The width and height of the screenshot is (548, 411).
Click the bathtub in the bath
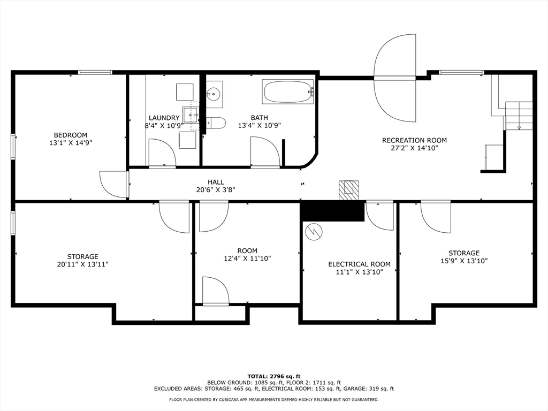pos(287,92)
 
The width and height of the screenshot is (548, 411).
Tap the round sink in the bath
pos(214,94)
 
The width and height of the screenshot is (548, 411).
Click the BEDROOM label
pos(70,135)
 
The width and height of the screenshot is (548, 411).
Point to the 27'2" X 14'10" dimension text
pos(414,148)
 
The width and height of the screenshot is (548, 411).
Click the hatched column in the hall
pos(348,188)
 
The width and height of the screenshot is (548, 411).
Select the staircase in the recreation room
pos(519,115)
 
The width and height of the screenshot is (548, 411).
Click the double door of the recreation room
pos(395,78)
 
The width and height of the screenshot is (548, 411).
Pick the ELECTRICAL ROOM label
pos(359,264)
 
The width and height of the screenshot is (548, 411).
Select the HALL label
pos(216,182)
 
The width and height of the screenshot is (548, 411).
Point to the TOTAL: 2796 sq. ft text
pos(273,376)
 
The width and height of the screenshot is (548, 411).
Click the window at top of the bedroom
pos(95,72)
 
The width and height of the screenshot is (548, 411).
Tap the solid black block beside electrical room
pos(332,211)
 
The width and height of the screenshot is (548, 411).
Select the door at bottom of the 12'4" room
pos(216,292)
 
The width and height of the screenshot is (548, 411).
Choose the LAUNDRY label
pos(164,118)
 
